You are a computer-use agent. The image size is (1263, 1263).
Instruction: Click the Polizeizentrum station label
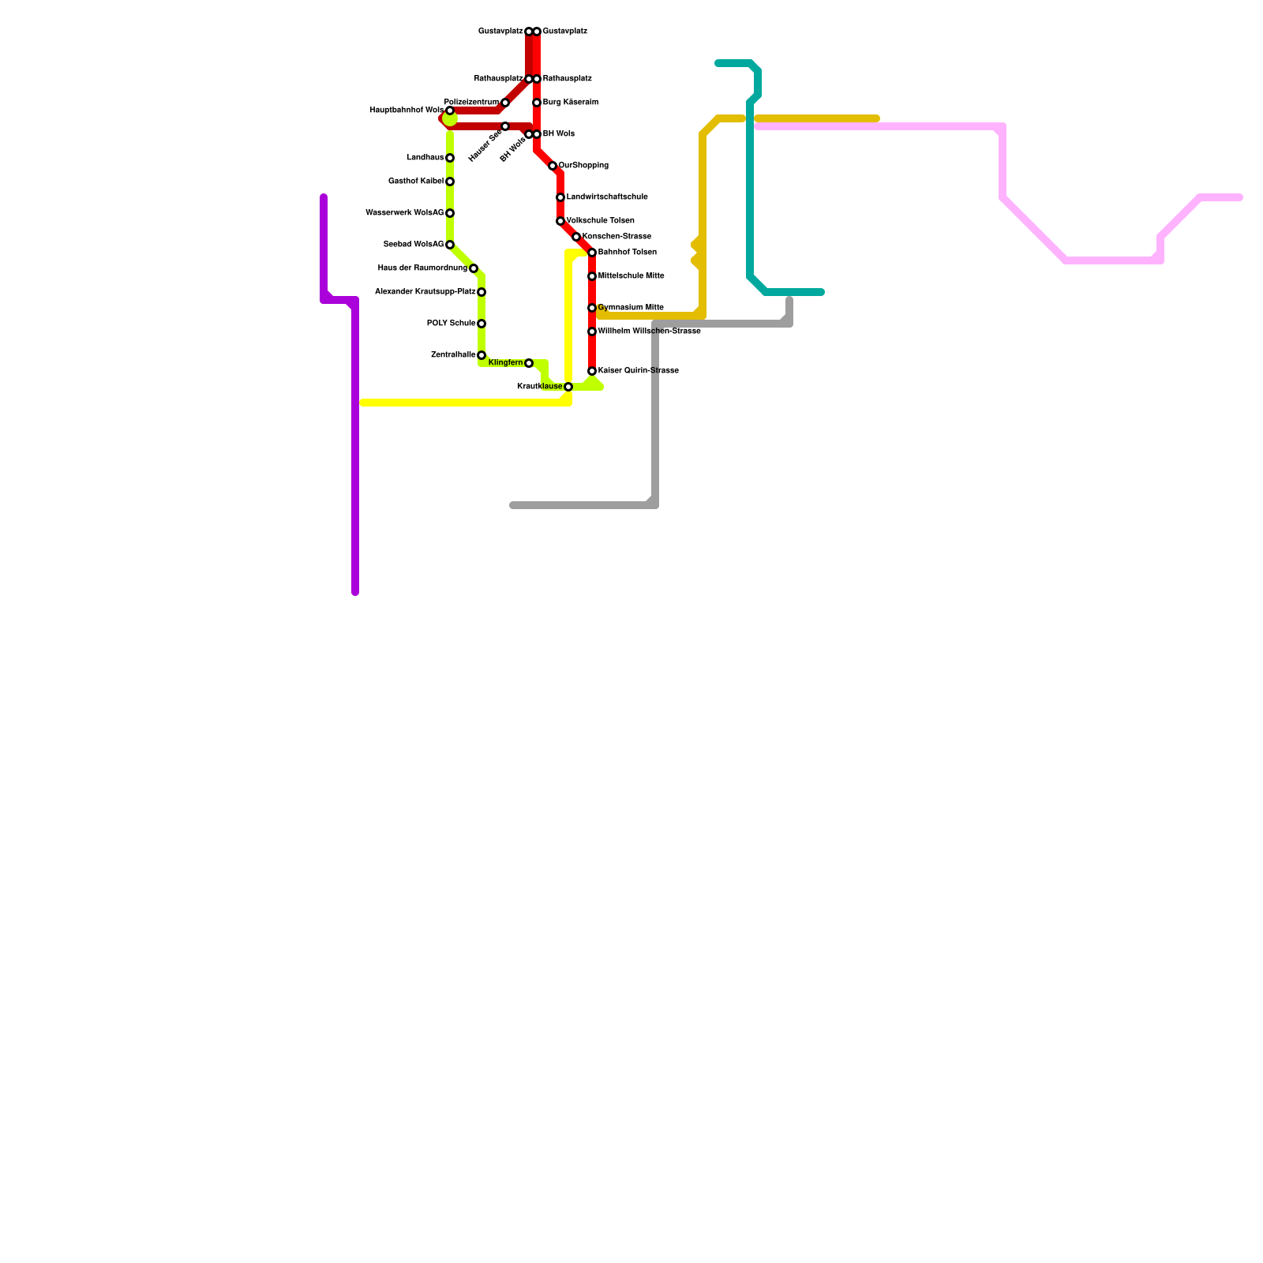coord(471,103)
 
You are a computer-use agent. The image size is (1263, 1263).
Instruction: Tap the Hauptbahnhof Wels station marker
coord(450,111)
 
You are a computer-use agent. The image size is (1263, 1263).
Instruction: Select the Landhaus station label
coord(425,158)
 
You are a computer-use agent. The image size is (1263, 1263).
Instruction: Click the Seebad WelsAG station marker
coord(450,245)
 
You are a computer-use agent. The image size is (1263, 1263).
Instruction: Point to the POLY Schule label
coord(452,324)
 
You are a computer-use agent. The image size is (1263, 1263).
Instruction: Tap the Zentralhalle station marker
coord(482,355)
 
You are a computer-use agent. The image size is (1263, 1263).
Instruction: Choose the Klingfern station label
coord(505,363)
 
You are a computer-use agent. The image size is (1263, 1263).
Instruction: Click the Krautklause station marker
coord(568,387)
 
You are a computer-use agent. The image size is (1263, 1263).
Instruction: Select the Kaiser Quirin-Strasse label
coord(639,371)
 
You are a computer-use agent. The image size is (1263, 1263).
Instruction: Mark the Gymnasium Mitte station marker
coord(592,308)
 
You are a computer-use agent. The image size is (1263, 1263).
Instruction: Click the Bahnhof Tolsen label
coord(628,253)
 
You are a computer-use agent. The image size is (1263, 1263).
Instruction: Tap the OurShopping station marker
coord(553,166)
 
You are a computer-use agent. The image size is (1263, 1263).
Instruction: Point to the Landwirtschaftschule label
coord(607,197)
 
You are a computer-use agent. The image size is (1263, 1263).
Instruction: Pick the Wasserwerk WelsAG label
coord(405,213)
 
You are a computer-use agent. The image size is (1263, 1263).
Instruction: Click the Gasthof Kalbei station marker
coord(450,182)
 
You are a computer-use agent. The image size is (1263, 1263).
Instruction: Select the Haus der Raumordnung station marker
coord(474,268)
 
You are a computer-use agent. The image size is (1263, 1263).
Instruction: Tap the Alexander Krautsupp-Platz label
coord(425,292)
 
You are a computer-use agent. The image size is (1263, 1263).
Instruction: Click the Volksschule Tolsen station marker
coord(560,221)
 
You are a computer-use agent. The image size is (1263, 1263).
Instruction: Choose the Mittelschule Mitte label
coord(631,276)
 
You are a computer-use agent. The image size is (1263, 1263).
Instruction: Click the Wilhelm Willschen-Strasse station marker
coord(592,332)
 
